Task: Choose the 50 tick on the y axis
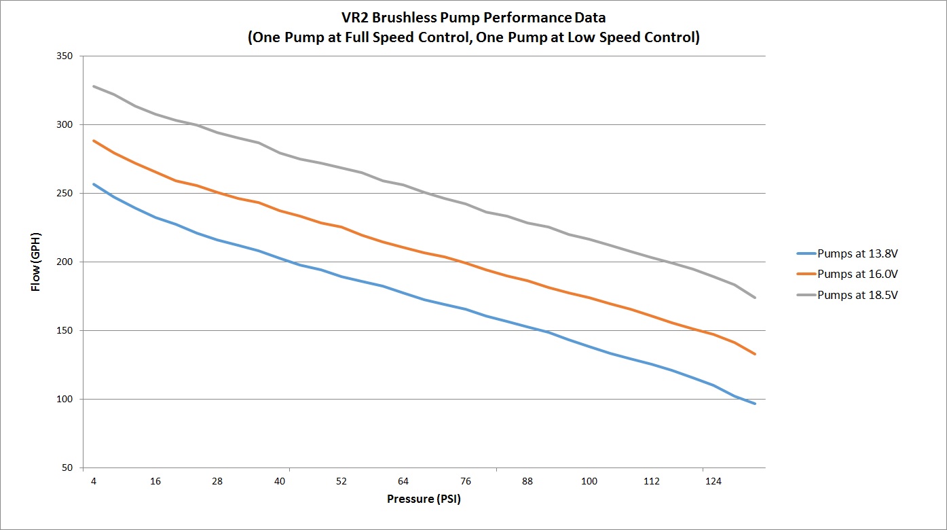67,468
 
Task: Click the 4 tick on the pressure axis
94,481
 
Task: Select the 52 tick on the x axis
341,481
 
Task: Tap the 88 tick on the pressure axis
527,481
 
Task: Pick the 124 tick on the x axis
713,481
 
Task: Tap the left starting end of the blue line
94,184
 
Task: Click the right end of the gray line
754,298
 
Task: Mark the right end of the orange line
754,354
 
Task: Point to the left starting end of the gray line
94,86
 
